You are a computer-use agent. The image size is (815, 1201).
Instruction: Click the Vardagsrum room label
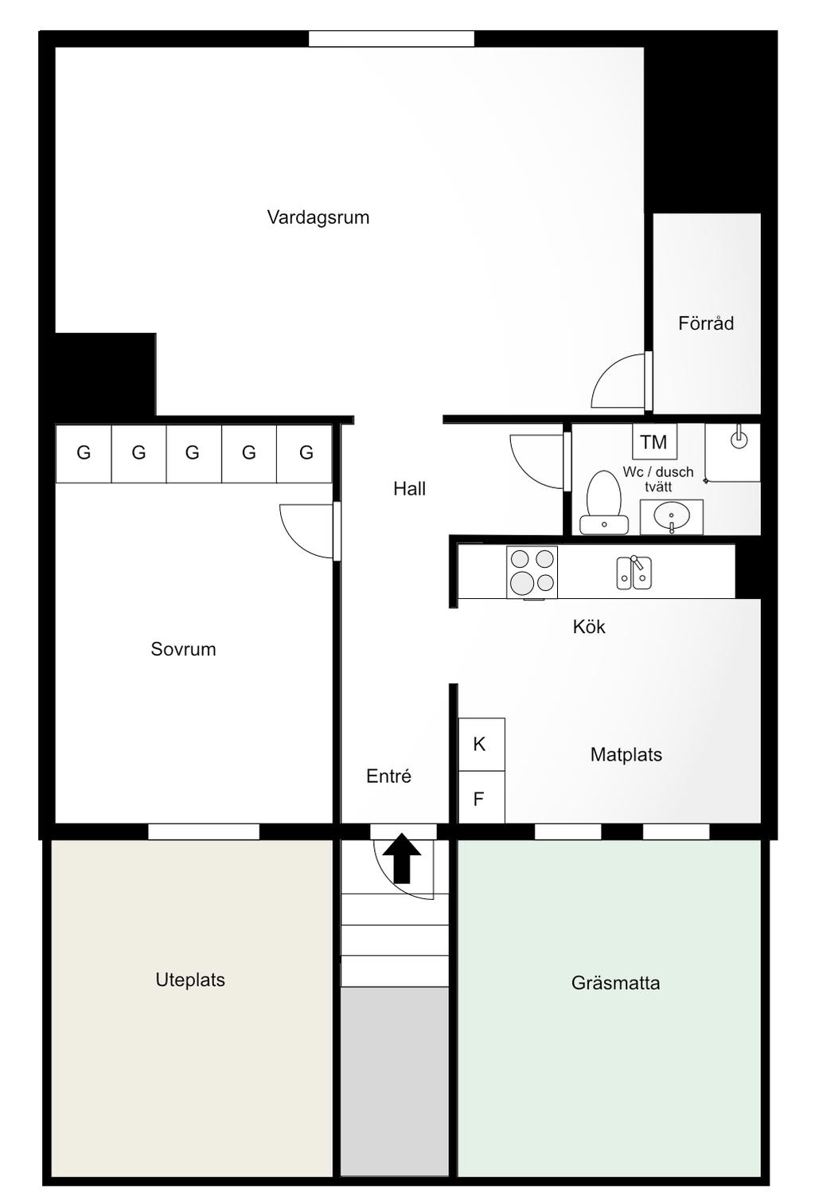pyautogui.click(x=318, y=217)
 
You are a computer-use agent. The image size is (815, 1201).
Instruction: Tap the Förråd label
pyautogui.click(x=706, y=323)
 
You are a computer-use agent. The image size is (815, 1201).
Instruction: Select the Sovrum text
pyautogui.click(x=183, y=649)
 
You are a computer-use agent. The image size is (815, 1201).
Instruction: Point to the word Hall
pyautogui.click(x=409, y=488)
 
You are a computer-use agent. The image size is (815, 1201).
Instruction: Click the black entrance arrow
pyautogui.click(x=402, y=857)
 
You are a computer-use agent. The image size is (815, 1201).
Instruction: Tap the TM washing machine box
pyautogui.click(x=654, y=441)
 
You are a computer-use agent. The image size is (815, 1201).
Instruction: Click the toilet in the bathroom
pyautogui.click(x=604, y=503)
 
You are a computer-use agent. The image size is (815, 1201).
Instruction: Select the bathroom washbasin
pyautogui.click(x=672, y=517)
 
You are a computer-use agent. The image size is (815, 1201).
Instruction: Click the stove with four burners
pyautogui.click(x=532, y=572)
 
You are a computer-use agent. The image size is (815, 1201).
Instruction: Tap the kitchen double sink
pyautogui.click(x=634, y=573)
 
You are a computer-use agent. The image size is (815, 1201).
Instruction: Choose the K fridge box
pyautogui.click(x=482, y=744)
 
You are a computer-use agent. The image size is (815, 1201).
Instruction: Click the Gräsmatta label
pyautogui.click(x=615, y=983)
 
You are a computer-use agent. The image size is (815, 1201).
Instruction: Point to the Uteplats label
pyautogui.click(x=189, y=980)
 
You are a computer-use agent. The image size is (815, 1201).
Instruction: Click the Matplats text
pyautogui.click(x=626, y=754)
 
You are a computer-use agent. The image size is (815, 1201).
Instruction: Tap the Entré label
pyautogui.click(x=388, y=776)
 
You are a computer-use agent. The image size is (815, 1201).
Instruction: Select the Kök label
pyautogui.click(x=589, y=626)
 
